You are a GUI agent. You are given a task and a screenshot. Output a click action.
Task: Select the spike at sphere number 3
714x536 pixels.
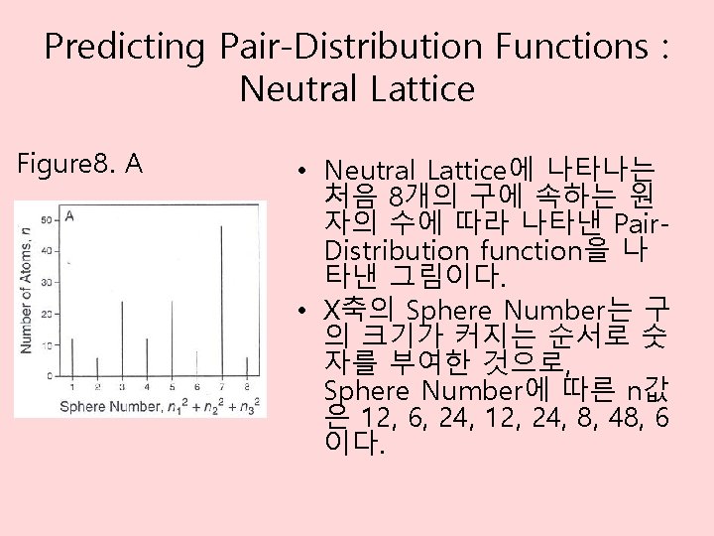[122, 339]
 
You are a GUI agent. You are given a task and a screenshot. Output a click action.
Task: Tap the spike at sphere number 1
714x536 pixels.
[72, 359]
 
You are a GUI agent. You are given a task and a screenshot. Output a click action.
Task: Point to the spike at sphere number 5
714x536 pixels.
[172, 339]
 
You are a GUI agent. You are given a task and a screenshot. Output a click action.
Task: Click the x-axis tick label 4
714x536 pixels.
[147, 386]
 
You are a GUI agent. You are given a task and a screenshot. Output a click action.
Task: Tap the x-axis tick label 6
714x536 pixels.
[195, 386]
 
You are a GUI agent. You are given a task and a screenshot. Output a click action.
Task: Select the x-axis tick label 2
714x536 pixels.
[97, 386]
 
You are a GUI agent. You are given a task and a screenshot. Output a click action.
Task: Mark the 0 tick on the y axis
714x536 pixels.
[50, 375]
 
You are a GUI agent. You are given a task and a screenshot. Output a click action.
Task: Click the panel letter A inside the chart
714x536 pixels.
[69, 213]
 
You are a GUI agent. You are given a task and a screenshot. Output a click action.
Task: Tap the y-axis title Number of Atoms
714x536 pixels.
[27, 290]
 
